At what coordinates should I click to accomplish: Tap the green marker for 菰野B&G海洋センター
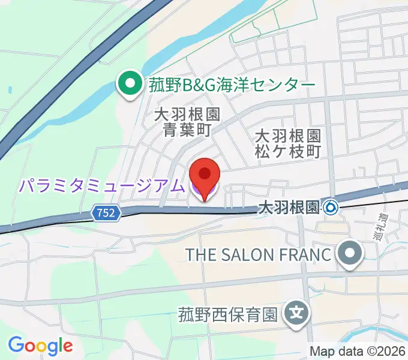point(128,85)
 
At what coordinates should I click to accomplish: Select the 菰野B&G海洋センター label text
point(231,85)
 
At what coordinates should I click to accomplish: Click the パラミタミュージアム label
point(100,186)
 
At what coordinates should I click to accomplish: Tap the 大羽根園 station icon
point(331,208)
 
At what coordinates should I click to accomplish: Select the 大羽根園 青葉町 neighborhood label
point(187,122)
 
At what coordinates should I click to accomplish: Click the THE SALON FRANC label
point(259,254)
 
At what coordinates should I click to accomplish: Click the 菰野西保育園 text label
point(227,314)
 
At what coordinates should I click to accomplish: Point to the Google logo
point(40,346)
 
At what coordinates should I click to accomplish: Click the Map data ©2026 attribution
point(358,351)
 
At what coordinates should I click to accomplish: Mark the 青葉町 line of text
point(187,130)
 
